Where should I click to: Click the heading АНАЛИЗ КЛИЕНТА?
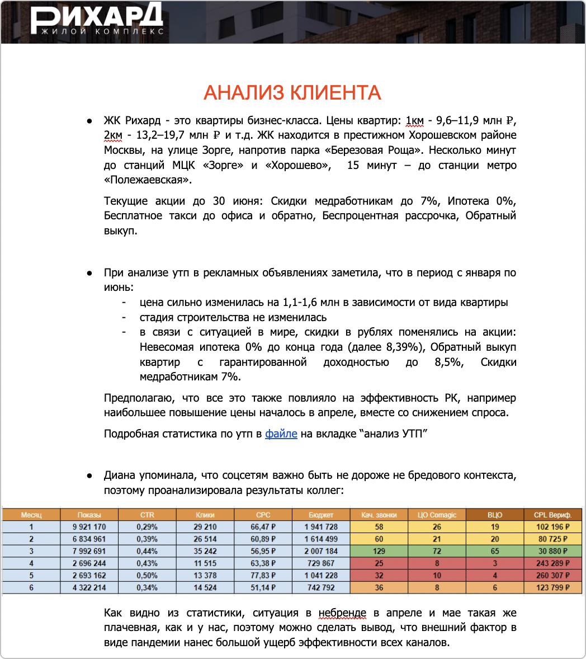point(292,92)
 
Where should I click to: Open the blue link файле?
point(281,434)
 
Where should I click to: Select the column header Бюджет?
point(320,515)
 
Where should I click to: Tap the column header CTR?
point(147,515)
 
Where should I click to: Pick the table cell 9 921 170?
point(89,527)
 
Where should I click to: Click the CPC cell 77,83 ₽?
point(263,576)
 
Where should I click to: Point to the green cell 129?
point(379,551)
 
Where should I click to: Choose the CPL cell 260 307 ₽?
point(552,576)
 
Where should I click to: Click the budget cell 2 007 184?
point(320,551)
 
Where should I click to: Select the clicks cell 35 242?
point(205,551)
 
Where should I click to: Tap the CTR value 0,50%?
point(147,576)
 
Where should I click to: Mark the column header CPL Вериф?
point(552,515)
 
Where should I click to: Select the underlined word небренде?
point(342,613)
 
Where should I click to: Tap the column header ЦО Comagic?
point(437,515)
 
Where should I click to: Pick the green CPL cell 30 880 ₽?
point(552,551)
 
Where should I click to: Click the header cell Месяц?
point(31,515)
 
